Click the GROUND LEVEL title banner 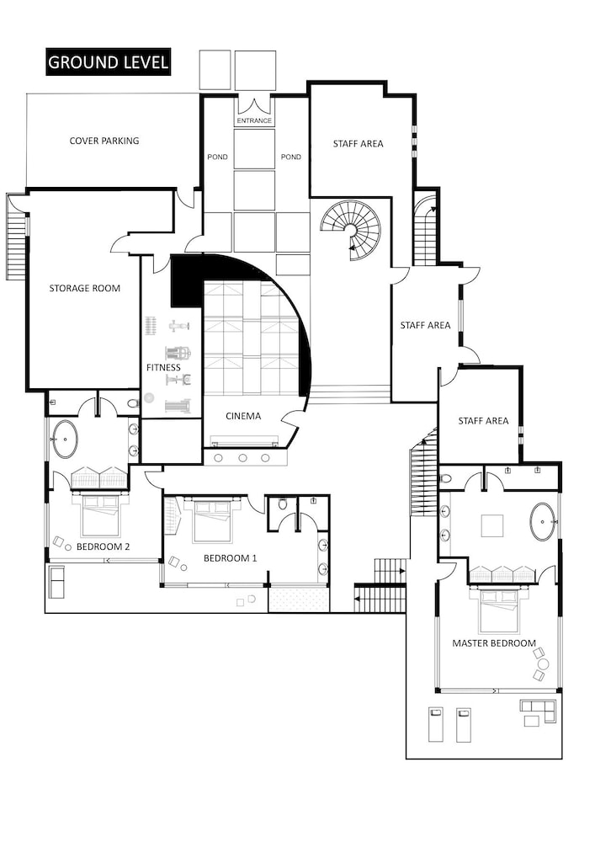point(108,62)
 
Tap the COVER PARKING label point(104,141)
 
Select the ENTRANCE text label point(254,120)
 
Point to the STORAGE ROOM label point(85,288)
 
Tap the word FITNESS point(163,367)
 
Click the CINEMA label point(243,416)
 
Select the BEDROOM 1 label point(230,558)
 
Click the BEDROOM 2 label point(103,546)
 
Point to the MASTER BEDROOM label point(494,642)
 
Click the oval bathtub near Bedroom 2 point(66,440)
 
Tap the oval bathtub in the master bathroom point(544,521)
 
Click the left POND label point(217,157)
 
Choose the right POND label point(291,157)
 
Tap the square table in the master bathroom point(492,525)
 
